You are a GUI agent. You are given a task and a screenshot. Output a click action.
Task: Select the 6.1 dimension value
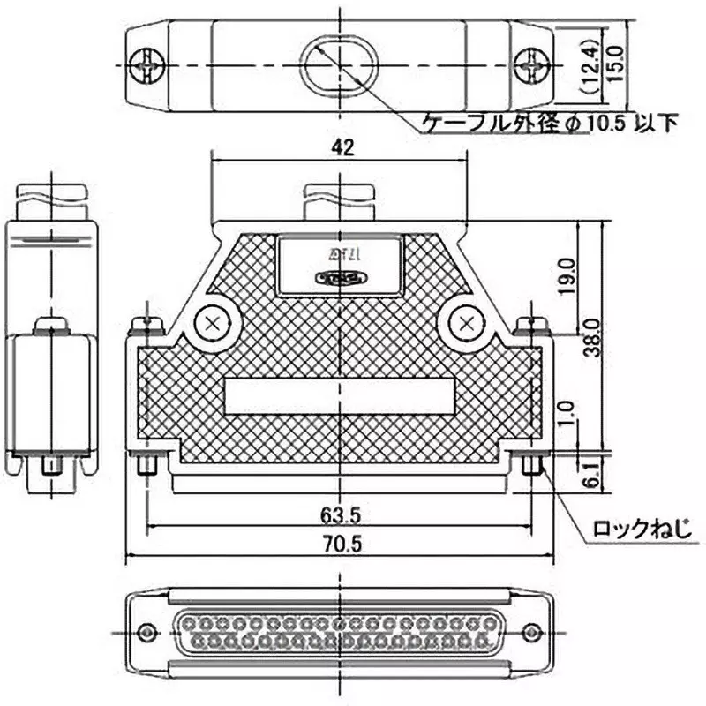coord(592,476)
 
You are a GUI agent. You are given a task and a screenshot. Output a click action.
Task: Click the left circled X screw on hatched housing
coord(212,324)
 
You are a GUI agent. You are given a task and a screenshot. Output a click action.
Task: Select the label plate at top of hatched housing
coord(340,266)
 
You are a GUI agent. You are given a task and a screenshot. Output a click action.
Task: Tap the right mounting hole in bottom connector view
coord(532,632)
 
